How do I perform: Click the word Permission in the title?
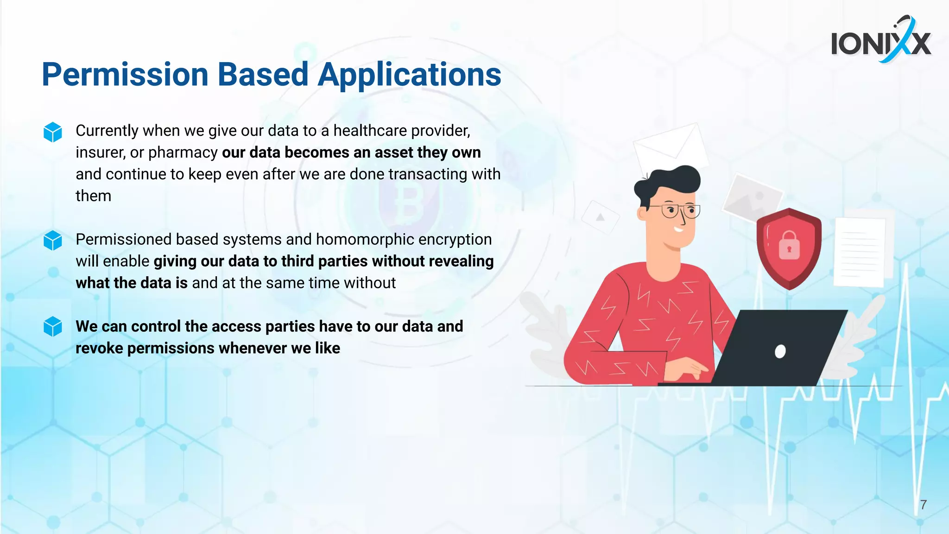[125, 75]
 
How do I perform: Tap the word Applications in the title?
[410, 75]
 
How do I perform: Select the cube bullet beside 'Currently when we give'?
[53, 132]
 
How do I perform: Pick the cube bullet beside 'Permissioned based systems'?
[53, 241]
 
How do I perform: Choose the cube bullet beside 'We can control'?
[53, 327]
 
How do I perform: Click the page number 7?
[923, 505]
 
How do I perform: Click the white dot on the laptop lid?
[780, 352]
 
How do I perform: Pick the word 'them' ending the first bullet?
[93, 197]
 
